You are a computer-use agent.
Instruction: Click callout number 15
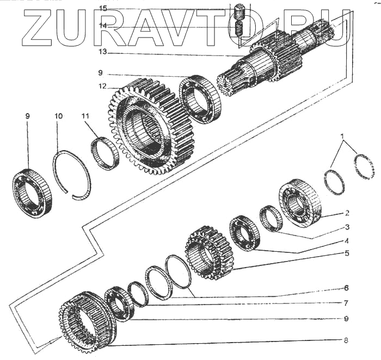(103, 8)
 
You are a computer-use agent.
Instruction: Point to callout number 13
(103, 53)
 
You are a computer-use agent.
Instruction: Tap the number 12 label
(102, 86)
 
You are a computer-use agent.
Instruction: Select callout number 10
(59, 116)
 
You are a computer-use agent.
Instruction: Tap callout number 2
(347, 213)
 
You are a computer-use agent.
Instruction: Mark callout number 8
(346, 341)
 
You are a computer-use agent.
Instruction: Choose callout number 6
(346, 288)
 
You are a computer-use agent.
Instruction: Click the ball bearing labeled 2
(299, 203)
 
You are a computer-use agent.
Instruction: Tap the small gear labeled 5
(209, 253)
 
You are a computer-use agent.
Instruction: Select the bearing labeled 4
(244, 233)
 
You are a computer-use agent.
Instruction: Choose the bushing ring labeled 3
(270, 219)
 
